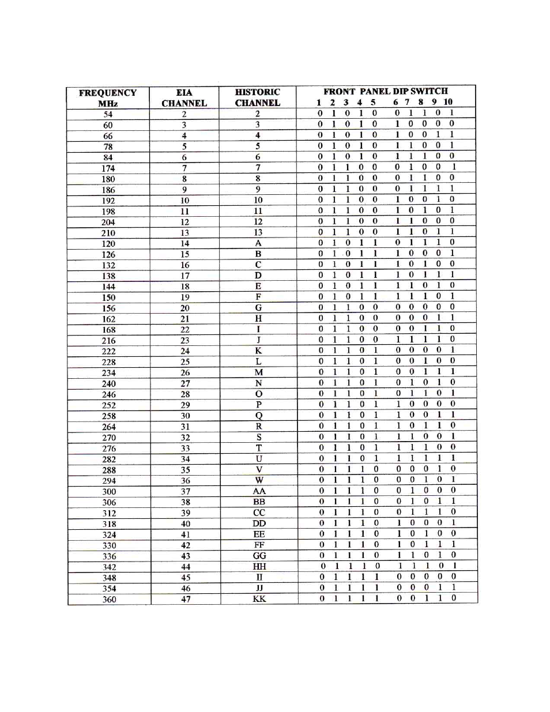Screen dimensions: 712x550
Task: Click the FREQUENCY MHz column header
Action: (108, 97)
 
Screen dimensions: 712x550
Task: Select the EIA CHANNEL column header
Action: (184, 97)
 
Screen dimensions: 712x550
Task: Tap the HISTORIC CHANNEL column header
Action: (258, 97)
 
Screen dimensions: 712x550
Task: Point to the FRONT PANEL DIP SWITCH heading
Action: (386, 91)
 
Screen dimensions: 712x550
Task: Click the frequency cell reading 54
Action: (108, 114)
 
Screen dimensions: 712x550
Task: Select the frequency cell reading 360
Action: (109, 599)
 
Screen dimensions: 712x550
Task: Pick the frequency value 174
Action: (108, 168)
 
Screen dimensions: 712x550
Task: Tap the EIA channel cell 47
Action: (186, 599)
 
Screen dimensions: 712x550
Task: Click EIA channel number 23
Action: (185, 340)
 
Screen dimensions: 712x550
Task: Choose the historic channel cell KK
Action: (259, 598)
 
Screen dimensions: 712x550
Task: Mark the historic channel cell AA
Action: (259, 491)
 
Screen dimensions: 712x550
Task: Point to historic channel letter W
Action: (259, 480)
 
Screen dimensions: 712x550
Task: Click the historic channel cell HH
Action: (259, 566)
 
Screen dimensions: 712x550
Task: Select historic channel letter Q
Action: (259, 415)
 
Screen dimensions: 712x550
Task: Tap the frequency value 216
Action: (108, 341)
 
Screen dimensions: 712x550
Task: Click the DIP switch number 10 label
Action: (448, 102)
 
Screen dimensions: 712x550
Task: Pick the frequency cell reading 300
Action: (109, 491)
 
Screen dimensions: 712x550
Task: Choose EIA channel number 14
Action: (184, 243)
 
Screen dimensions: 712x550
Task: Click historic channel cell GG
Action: (259, 555)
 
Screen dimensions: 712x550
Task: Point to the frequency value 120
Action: (108, 244)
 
